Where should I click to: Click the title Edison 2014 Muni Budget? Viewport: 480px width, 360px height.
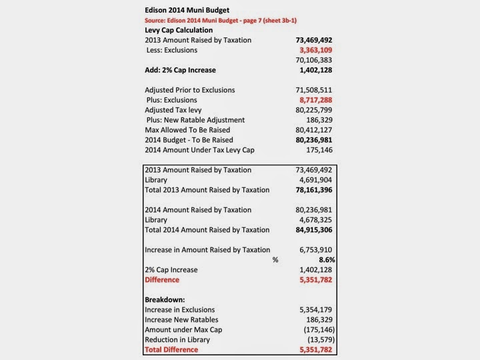pyautogui.click(x=188, y=11)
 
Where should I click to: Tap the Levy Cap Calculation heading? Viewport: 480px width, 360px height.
pyautogui.click(x=179, y=30)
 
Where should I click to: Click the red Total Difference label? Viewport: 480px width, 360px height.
pyautogui.click(x=171, y=349)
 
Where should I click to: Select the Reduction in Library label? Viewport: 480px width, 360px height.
pyautogui.click(x=179, y=339)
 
